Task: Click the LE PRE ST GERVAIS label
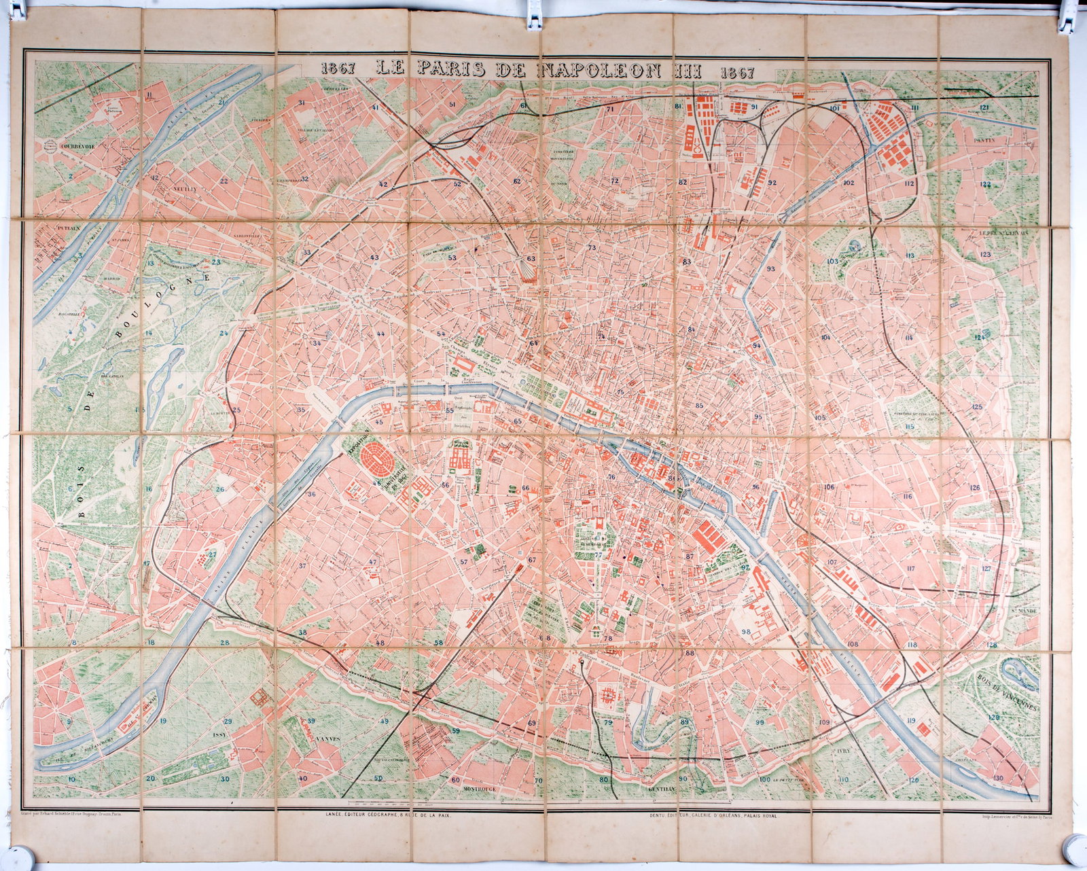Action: (x=1005, y=231)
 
